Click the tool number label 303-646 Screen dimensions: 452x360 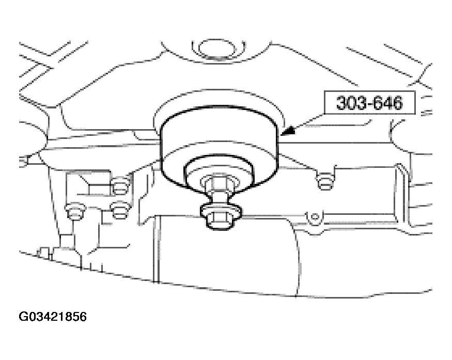click(369, 103)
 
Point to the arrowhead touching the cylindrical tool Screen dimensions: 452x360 click(288, 131)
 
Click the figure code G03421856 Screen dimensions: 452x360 click(53, 317)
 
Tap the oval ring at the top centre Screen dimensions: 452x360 click(218, 50)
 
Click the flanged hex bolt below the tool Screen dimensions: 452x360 click(221, 215)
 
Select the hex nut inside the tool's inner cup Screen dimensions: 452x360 click(220, 183)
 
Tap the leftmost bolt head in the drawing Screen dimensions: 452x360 click(75, 212)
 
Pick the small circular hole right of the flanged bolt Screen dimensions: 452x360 click(315, 216)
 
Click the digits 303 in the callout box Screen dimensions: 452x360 click(349, 103)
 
